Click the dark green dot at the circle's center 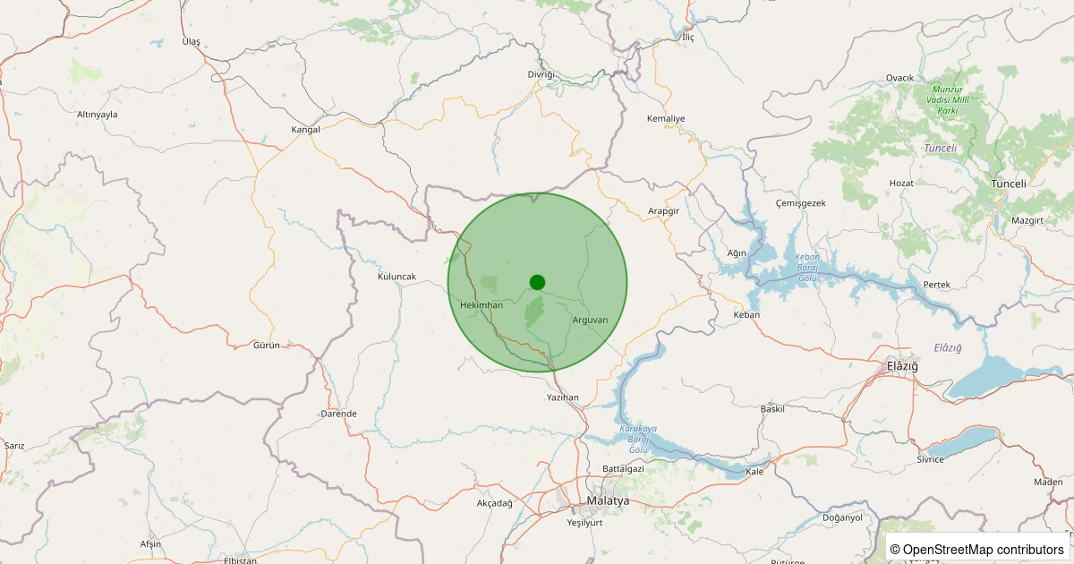point(537,282)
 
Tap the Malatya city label point(608,501)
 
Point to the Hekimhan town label point(482,305)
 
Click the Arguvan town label point(589,320)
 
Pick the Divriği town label point(541,73)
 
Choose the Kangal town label point(305,130)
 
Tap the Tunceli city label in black point(1010,184)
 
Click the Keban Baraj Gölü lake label point(807,268)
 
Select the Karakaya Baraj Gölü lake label point(638,439)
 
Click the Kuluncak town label point(397,277)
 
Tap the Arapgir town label point(664,210)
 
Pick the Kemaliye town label point(665,118)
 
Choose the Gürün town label point(267,345)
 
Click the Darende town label point(338,414)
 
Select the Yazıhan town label point(563,397)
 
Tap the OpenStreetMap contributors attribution point(977,550)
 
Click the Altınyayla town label point(98,115)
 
